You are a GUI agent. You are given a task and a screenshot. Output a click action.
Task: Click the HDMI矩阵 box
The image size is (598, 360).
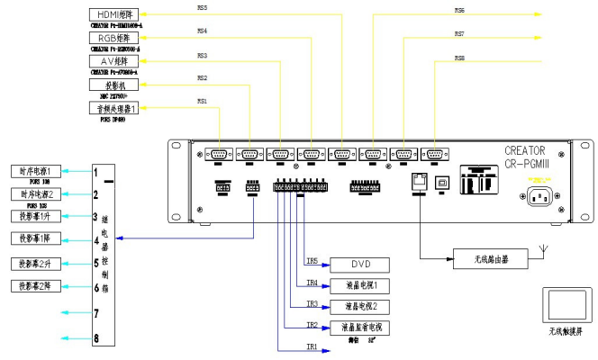click(115, 15)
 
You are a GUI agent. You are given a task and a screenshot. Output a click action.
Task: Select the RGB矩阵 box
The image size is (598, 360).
click(115, 39)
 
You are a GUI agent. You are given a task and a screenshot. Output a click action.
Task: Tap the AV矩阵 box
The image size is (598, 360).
click(115, 61)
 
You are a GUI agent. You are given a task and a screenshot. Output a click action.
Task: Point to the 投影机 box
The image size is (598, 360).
click(115, 85)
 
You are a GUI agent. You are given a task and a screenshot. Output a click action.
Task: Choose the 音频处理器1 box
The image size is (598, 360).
click(115, 108)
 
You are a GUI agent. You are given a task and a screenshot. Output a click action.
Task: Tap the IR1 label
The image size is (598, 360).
click(312, 346)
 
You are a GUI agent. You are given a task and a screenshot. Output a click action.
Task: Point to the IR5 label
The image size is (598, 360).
click(312, 261)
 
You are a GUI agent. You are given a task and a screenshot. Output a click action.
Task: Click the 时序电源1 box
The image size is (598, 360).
click(36, 171)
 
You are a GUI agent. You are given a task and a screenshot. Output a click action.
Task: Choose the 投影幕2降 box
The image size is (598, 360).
click(36, 286)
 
